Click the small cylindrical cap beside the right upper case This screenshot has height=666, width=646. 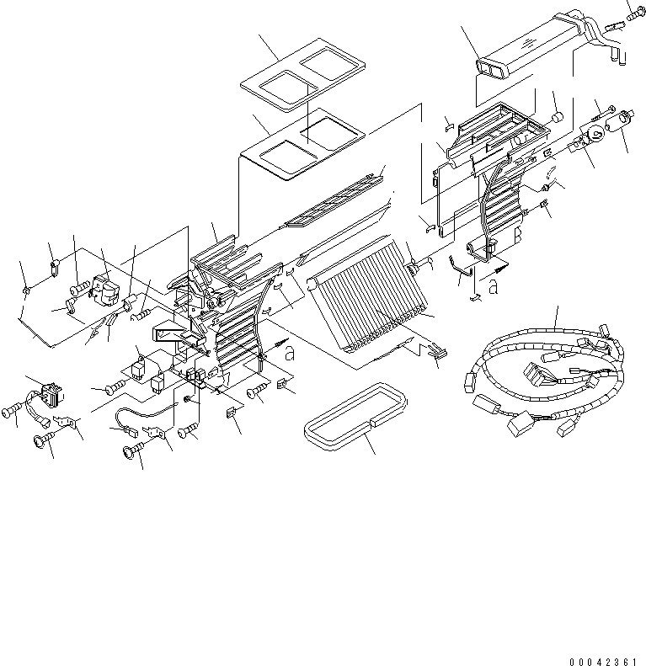pos(556,116)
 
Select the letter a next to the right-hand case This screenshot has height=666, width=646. pos(493,286)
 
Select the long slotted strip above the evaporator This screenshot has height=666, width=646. pos(333,202)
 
